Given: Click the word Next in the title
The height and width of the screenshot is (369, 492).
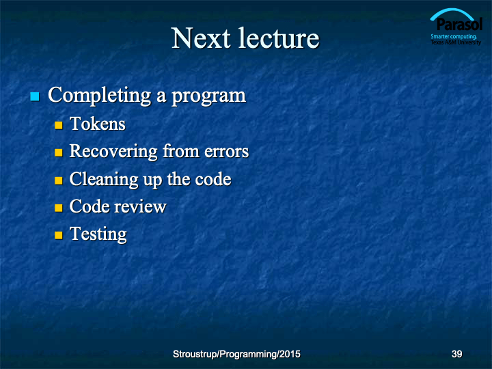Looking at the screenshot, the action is tap(201, 38).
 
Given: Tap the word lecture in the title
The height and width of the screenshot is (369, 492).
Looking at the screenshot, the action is tap(279, 38).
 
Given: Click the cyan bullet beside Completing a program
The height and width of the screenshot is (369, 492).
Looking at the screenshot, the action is tap(35, 96).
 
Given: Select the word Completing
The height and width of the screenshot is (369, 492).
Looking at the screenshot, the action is tap(100, 96).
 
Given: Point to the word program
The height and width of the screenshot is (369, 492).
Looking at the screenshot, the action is tap(208, 96).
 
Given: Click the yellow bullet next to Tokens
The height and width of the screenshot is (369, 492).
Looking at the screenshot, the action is tap(59, 125).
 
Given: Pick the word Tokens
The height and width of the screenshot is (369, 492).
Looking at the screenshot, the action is tap(98, 123).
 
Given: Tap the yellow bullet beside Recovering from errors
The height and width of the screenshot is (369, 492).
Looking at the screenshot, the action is tap(59, 153).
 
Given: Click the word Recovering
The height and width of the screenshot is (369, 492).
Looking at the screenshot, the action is tap(113, 152).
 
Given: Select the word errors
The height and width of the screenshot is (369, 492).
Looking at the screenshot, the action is tap(227, 152).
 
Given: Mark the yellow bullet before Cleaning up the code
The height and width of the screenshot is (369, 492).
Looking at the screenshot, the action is tap(59, 180).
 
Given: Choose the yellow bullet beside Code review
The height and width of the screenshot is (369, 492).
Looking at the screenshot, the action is tap(59, 208).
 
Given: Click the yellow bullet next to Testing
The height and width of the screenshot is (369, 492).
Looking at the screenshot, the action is tap(59, 235).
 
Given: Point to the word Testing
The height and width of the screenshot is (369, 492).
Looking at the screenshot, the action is tap(98, 234).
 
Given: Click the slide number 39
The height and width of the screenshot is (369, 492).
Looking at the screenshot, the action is tap(457, 354).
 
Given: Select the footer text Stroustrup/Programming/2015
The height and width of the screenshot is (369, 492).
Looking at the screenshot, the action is tap(236, 354).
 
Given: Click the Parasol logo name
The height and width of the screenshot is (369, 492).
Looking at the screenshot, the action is tap(459, 24).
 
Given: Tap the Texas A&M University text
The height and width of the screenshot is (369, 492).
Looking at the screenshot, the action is tap(456, 42).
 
